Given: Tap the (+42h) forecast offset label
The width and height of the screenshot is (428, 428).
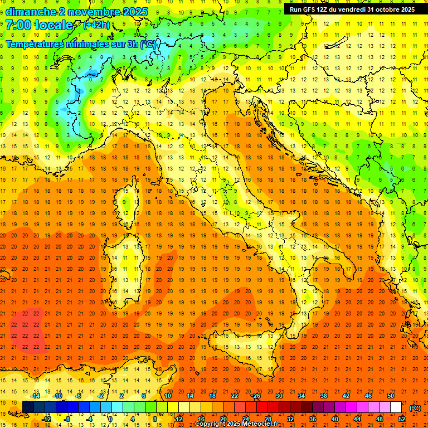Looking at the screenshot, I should pos(96,25).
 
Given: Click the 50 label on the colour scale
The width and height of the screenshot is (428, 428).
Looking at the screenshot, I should pos(391,396).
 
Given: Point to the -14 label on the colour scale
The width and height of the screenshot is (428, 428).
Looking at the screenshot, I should pos(35,396).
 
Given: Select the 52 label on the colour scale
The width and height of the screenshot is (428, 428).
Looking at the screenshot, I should pos(402,419).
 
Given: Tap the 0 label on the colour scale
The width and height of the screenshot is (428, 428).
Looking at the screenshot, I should pos(110,419).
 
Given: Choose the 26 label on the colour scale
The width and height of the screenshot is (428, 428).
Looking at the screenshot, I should pos(257,396).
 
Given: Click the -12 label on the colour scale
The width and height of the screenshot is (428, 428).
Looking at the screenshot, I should pos(46,419).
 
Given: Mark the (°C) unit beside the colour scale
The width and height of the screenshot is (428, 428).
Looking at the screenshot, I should pos(415,408).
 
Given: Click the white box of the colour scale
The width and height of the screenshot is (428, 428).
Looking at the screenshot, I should pos(396,407).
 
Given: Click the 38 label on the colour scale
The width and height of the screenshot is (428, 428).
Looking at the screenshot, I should pos(324,396).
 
